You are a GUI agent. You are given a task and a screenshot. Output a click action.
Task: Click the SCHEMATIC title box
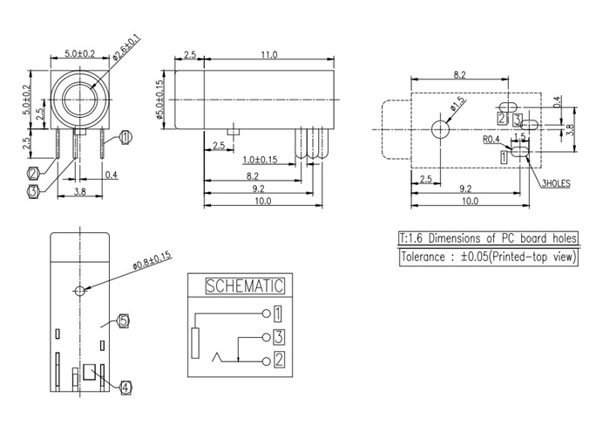pos(244,285)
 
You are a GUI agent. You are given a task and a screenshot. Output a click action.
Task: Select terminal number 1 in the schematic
pos(278,312)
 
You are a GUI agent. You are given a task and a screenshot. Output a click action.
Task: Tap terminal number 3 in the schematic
pos(278,336)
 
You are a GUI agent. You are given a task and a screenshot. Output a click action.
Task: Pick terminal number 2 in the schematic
pos(278,359)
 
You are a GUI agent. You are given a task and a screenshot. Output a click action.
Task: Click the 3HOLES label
pos(554,184)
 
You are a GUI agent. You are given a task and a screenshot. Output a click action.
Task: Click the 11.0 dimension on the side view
pos(268,55)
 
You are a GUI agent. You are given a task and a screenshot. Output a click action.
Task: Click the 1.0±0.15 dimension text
pos(260,160)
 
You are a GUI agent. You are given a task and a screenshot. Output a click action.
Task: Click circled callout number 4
pos(125,387)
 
